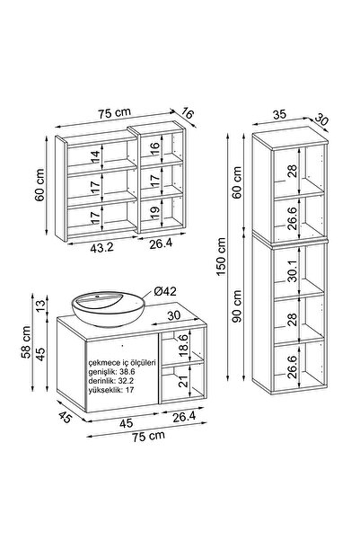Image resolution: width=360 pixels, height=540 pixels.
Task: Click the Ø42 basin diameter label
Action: point(165,292)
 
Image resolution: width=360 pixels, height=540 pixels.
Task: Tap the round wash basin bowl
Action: point(109,309)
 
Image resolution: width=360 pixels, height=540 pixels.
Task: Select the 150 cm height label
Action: point(222,256)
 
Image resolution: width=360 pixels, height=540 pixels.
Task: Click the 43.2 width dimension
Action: point(101,248)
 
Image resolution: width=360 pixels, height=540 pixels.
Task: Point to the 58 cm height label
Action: point(26,342)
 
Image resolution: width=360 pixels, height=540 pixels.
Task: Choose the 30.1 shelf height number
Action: point(293,270)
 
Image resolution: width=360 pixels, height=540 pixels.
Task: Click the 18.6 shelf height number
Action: point(184,345)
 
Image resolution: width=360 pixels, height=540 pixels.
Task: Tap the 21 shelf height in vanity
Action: point(184,381)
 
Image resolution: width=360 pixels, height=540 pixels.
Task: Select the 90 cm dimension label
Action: point(237,305)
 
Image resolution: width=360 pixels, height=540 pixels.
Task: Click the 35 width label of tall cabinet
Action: point(279,115)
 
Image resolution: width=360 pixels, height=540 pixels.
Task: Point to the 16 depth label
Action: point(188,113)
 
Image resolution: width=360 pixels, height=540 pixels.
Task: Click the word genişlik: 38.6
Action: point(111,372)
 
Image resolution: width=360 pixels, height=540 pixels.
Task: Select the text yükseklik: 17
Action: point(111,390)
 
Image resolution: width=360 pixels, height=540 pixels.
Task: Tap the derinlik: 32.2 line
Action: point(110,381)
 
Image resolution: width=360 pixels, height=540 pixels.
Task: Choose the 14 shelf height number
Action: point(95,157)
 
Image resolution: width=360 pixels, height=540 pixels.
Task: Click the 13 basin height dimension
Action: point(40,305)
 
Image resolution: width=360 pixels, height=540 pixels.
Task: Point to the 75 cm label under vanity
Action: point(148,436)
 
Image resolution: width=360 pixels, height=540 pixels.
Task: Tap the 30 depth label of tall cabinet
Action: point(321,120)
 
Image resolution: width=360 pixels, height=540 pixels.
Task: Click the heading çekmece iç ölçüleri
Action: point(122,363)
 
